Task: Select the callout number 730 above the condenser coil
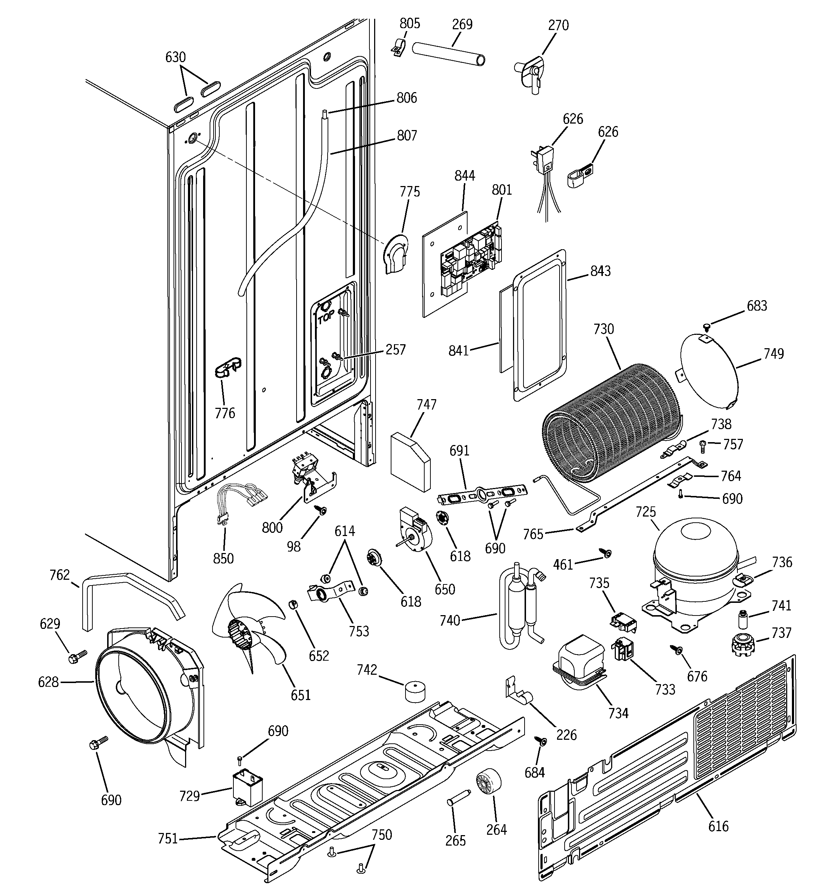[x=603, y=329]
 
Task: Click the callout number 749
[x=774, y=354]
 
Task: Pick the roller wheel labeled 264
[x=488, y=783]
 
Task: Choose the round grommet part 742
[x=416, y=692]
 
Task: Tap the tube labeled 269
[x=449, y=55]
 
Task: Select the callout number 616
[x=718, y=826]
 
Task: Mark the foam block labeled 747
[x=410, y=461]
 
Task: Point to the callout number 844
[x=465, y=176]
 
